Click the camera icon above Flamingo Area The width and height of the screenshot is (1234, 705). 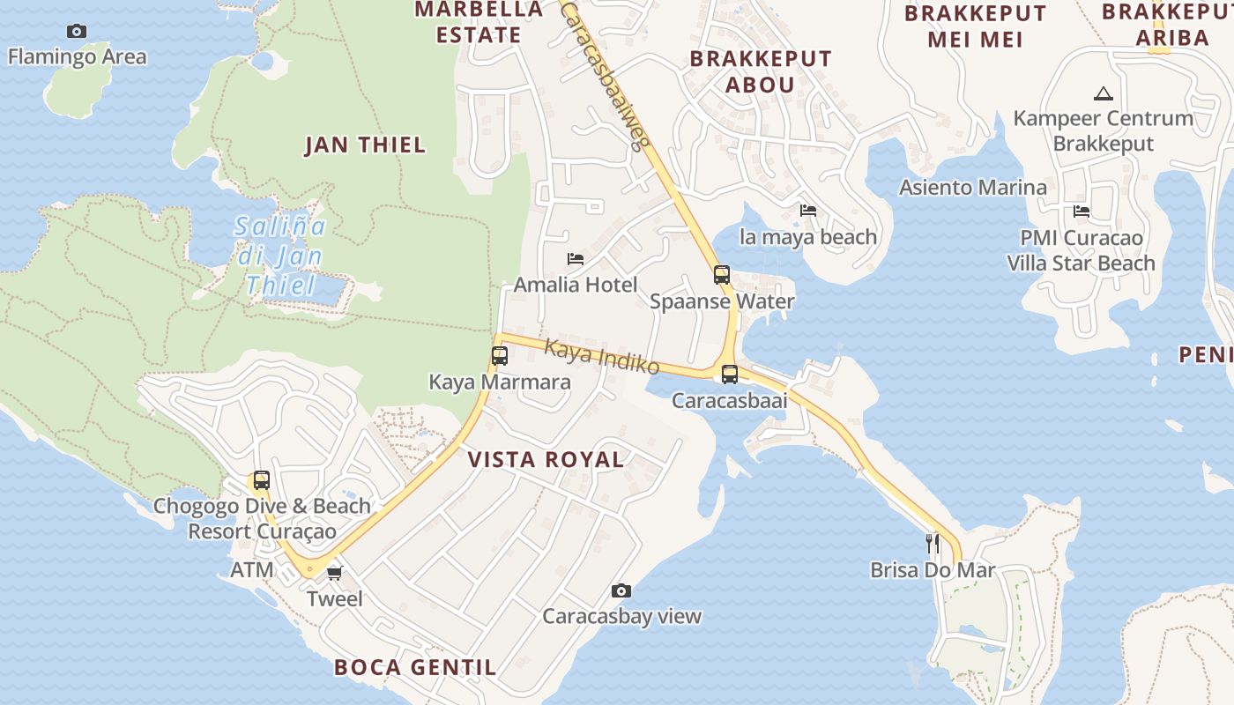tap(77, 32)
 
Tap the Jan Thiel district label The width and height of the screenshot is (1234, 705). tap(365, 145)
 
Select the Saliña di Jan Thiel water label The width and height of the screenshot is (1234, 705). tap(280, 256)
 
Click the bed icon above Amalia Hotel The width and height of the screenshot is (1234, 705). tap(576, 259)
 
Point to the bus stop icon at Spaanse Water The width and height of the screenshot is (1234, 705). tap(722, 275)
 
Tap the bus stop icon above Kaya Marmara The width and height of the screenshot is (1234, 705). tap(500, 356)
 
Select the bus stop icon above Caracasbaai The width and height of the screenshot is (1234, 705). tap(730, 375)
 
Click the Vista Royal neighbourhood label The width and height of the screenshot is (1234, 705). tap(546, 459)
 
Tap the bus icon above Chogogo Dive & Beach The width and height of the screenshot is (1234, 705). tap(262, 480)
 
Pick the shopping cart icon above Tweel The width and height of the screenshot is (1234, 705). tap(334, 574)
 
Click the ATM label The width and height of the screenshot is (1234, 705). tap(251, 570)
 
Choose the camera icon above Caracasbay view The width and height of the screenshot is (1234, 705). tap(621, 590)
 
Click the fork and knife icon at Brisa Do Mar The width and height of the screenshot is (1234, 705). tap(933, 544)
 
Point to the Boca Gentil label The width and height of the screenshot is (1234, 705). tap(415, 667)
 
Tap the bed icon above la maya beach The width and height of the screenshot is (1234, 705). tap(808, 211)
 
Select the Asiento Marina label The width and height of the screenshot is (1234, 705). tap(972, 188)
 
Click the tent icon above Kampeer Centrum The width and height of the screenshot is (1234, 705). tap(1103, 93)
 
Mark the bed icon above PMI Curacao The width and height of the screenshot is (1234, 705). tap(1082, 211)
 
